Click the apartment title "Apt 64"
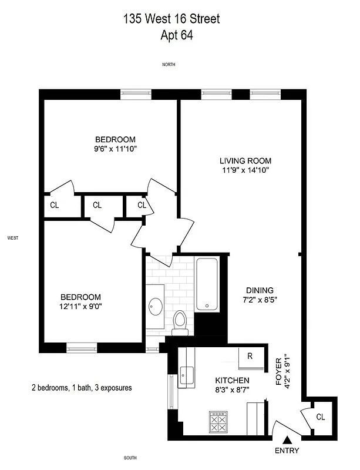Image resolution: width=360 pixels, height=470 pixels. (x=176, y=35)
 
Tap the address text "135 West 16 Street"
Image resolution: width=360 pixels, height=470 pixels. (x=171, y=19)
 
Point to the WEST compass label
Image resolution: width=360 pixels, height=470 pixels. (x=13, y=239)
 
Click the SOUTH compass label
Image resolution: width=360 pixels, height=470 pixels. (x=130, y=458)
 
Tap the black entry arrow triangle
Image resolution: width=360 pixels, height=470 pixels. (x=287, y=439)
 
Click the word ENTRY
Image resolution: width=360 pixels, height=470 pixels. (x=287, y=451)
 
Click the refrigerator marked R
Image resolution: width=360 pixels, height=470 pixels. (x=250, y=356)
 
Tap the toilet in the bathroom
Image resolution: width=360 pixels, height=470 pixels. (x=181, y=323)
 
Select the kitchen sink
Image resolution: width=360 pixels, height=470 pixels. (x=186, y=374)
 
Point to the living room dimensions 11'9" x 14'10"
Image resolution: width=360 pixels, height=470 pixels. (x=245, y=170)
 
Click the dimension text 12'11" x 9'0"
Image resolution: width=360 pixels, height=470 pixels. (x=81, y=307)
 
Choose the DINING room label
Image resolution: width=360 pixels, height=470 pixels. (x=259, y=290)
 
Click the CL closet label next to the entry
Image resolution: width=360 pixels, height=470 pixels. (x=320, y=417)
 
